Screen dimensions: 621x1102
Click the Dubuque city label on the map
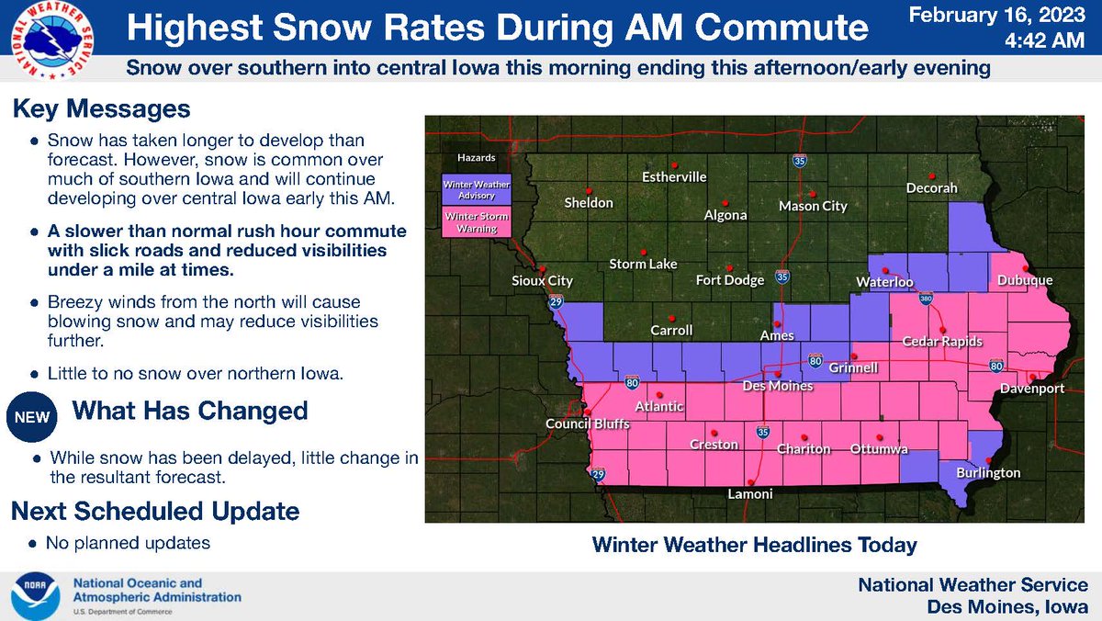(1026, 280)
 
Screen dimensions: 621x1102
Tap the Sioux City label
(541, 280)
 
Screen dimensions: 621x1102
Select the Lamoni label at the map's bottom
(750, 493)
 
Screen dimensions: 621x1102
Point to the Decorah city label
(931, 188)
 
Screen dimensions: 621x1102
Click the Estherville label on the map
(673, 177)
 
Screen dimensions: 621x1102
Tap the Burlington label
(987, 472)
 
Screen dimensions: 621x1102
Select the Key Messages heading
(101, 109)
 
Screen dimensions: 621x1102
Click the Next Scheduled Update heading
(154, 511)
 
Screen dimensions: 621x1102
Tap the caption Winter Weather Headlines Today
(755, 545)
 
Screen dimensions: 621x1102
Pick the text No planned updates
(129, 543)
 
